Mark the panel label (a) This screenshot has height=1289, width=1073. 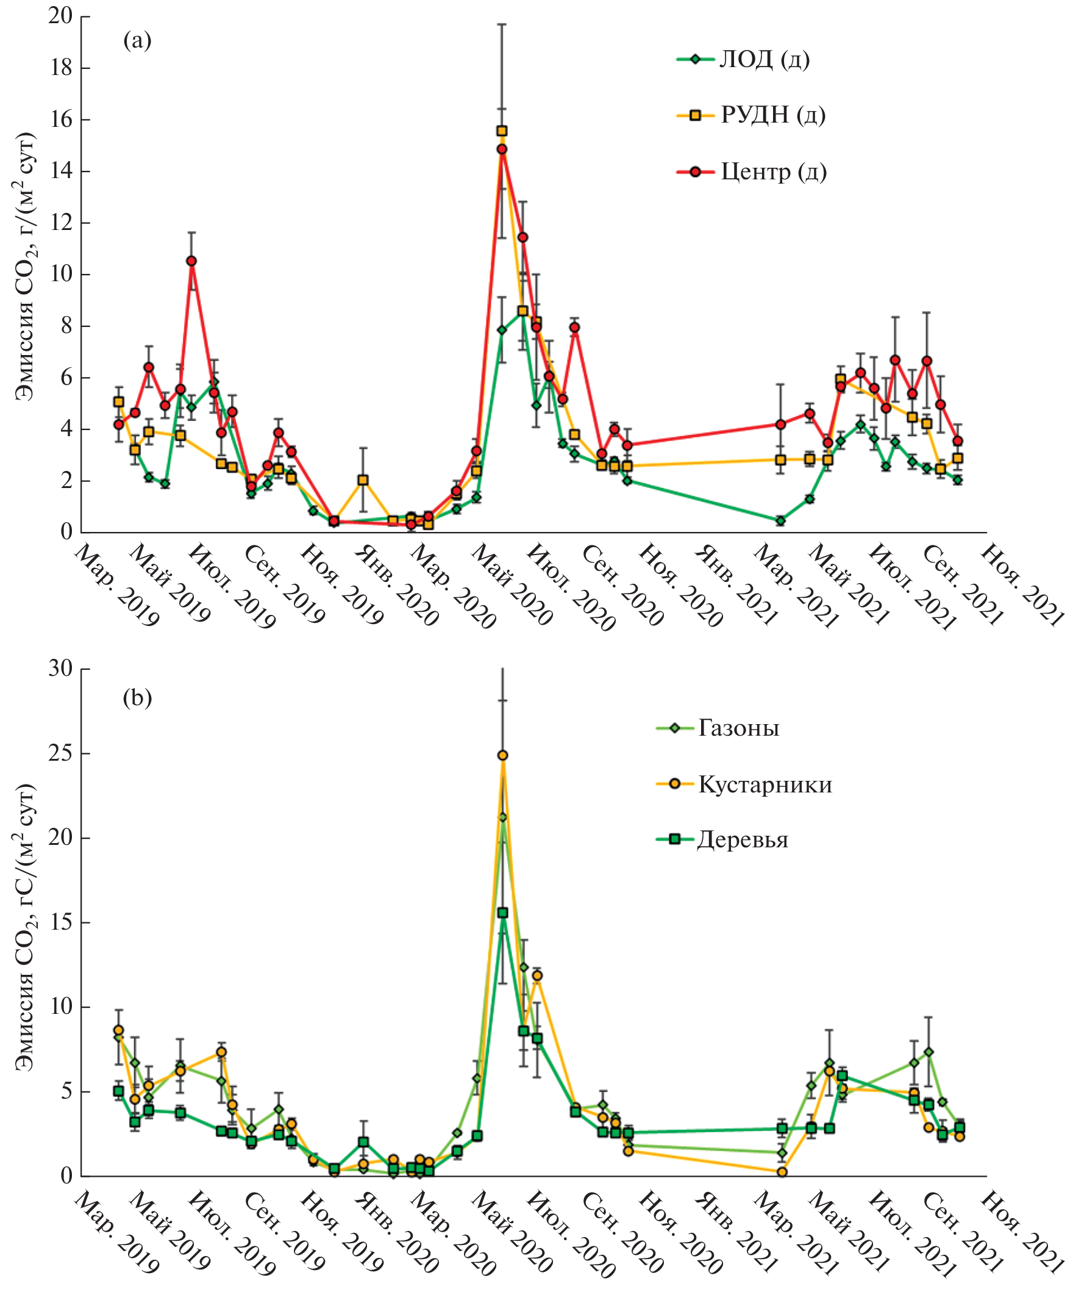pos(137,40)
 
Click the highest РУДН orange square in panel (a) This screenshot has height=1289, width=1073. pos(502,131)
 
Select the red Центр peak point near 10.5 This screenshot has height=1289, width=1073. pos(191,261)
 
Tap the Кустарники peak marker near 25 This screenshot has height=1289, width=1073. pos(502,755)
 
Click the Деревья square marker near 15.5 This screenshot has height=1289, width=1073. pos(502,913)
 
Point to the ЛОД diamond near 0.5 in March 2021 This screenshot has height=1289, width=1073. pos(780,520)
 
